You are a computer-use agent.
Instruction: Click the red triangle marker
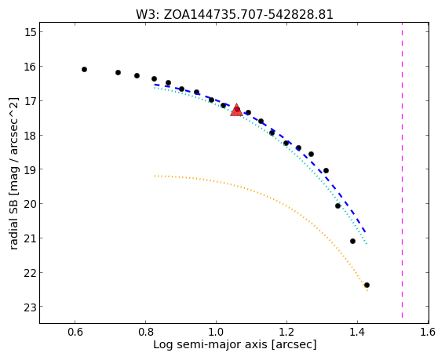coord(236,111)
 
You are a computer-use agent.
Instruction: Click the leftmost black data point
coord(84,70)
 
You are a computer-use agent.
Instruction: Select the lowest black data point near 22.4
coord(367,285)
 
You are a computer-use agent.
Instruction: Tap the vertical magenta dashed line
coord(402,170)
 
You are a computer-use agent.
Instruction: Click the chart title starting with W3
coord(235,15)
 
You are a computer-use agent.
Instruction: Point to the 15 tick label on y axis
coord(29,32)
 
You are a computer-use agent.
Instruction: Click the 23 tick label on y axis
coord(29,307)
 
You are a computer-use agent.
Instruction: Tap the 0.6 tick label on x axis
coord(75,332)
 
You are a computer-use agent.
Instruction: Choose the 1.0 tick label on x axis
coord(217,332)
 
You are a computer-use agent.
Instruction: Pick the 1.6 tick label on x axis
coord(428,332)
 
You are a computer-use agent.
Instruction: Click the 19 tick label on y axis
coord(29,169)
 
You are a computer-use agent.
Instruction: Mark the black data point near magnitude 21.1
coord(352,241)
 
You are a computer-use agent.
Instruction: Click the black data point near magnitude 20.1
coord(337,206)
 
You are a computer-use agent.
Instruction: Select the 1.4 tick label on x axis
coord(357,332)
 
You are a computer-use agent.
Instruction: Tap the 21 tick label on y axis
coord(29,238)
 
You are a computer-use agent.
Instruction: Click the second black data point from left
coord(118,73)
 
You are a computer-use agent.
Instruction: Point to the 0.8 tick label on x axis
coord(146,332)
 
